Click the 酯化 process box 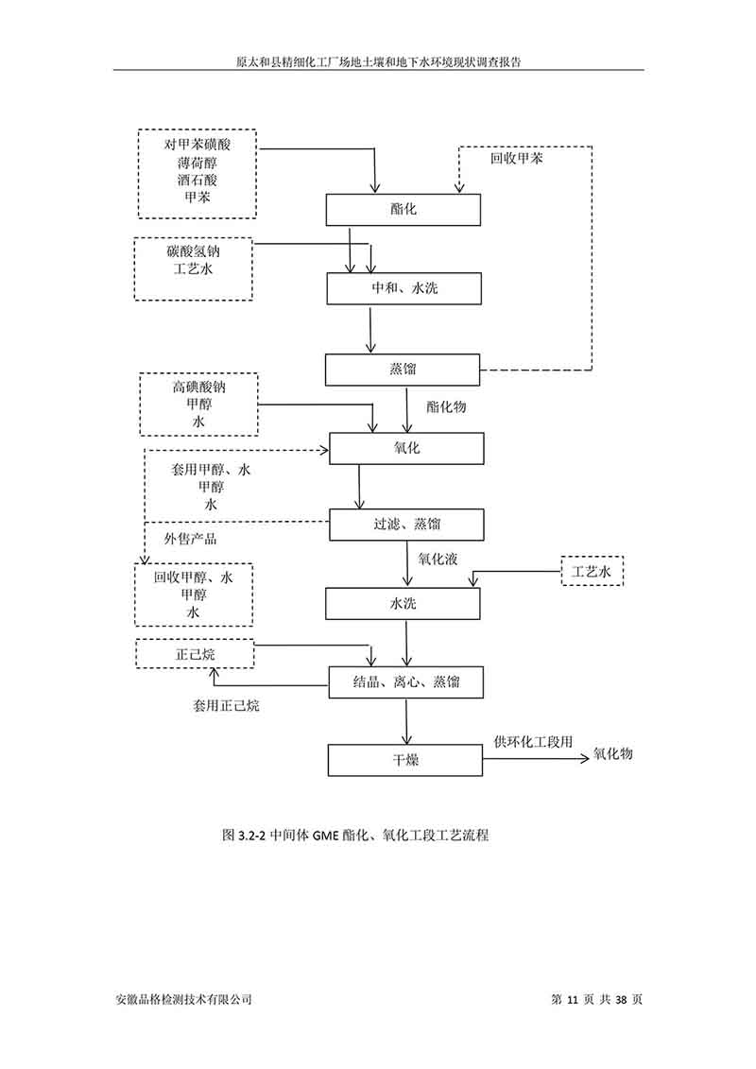(404, 210)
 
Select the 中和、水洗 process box (404, 288)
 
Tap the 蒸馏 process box (404, 369)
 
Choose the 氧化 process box (405, 448)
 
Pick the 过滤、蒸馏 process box (406, 525)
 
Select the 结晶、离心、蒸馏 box (406, 681)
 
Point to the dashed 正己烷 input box (195, 653)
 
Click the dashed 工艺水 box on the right (593, 572)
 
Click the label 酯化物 (446, 407)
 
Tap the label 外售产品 (190, 539)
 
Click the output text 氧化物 (612, 754)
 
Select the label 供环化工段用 (533, 742)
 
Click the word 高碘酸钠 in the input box (198, 387)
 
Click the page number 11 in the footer (573, 999)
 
